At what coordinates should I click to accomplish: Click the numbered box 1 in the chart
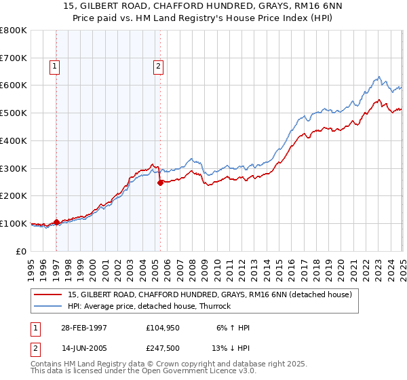54,66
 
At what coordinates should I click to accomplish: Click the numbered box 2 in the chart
157,66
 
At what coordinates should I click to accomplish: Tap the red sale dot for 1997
57,221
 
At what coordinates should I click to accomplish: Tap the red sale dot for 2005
160,182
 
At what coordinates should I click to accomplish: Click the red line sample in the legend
48,295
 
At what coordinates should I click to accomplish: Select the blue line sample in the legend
48,307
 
